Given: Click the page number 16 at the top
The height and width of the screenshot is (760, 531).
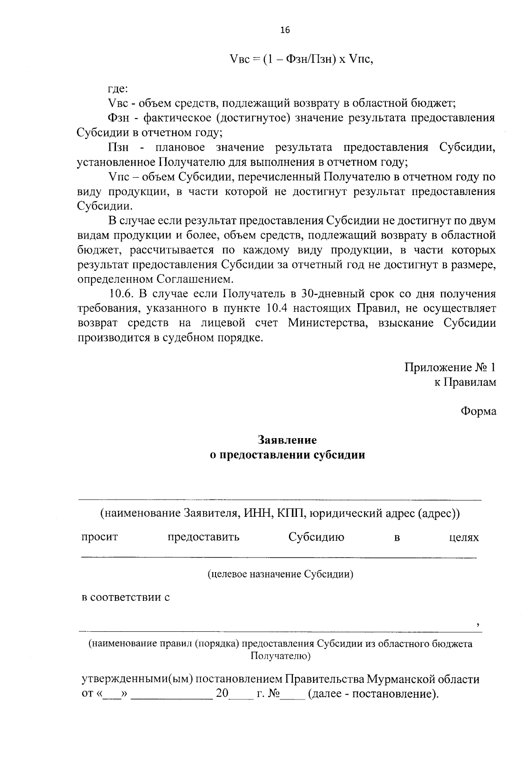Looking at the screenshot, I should click(x=285, y=30).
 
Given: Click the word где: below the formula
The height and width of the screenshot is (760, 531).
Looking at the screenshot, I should click(x=118, y=89).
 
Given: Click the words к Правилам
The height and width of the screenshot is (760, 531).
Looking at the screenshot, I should click(x=465, y=382).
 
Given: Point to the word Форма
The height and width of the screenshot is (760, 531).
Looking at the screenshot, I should click(x=478, y=412).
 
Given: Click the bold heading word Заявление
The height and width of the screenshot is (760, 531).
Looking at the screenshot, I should click(x=288, y=440).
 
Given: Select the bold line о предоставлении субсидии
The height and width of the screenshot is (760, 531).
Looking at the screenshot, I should click(x=288, y=455).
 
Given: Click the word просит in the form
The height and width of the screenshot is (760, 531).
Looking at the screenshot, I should click(x=100, y=537).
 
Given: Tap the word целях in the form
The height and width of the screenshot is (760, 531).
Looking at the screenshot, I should click(x=464, y=537).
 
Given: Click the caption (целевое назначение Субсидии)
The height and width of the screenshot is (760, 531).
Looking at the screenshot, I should click(x=281, y=574).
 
